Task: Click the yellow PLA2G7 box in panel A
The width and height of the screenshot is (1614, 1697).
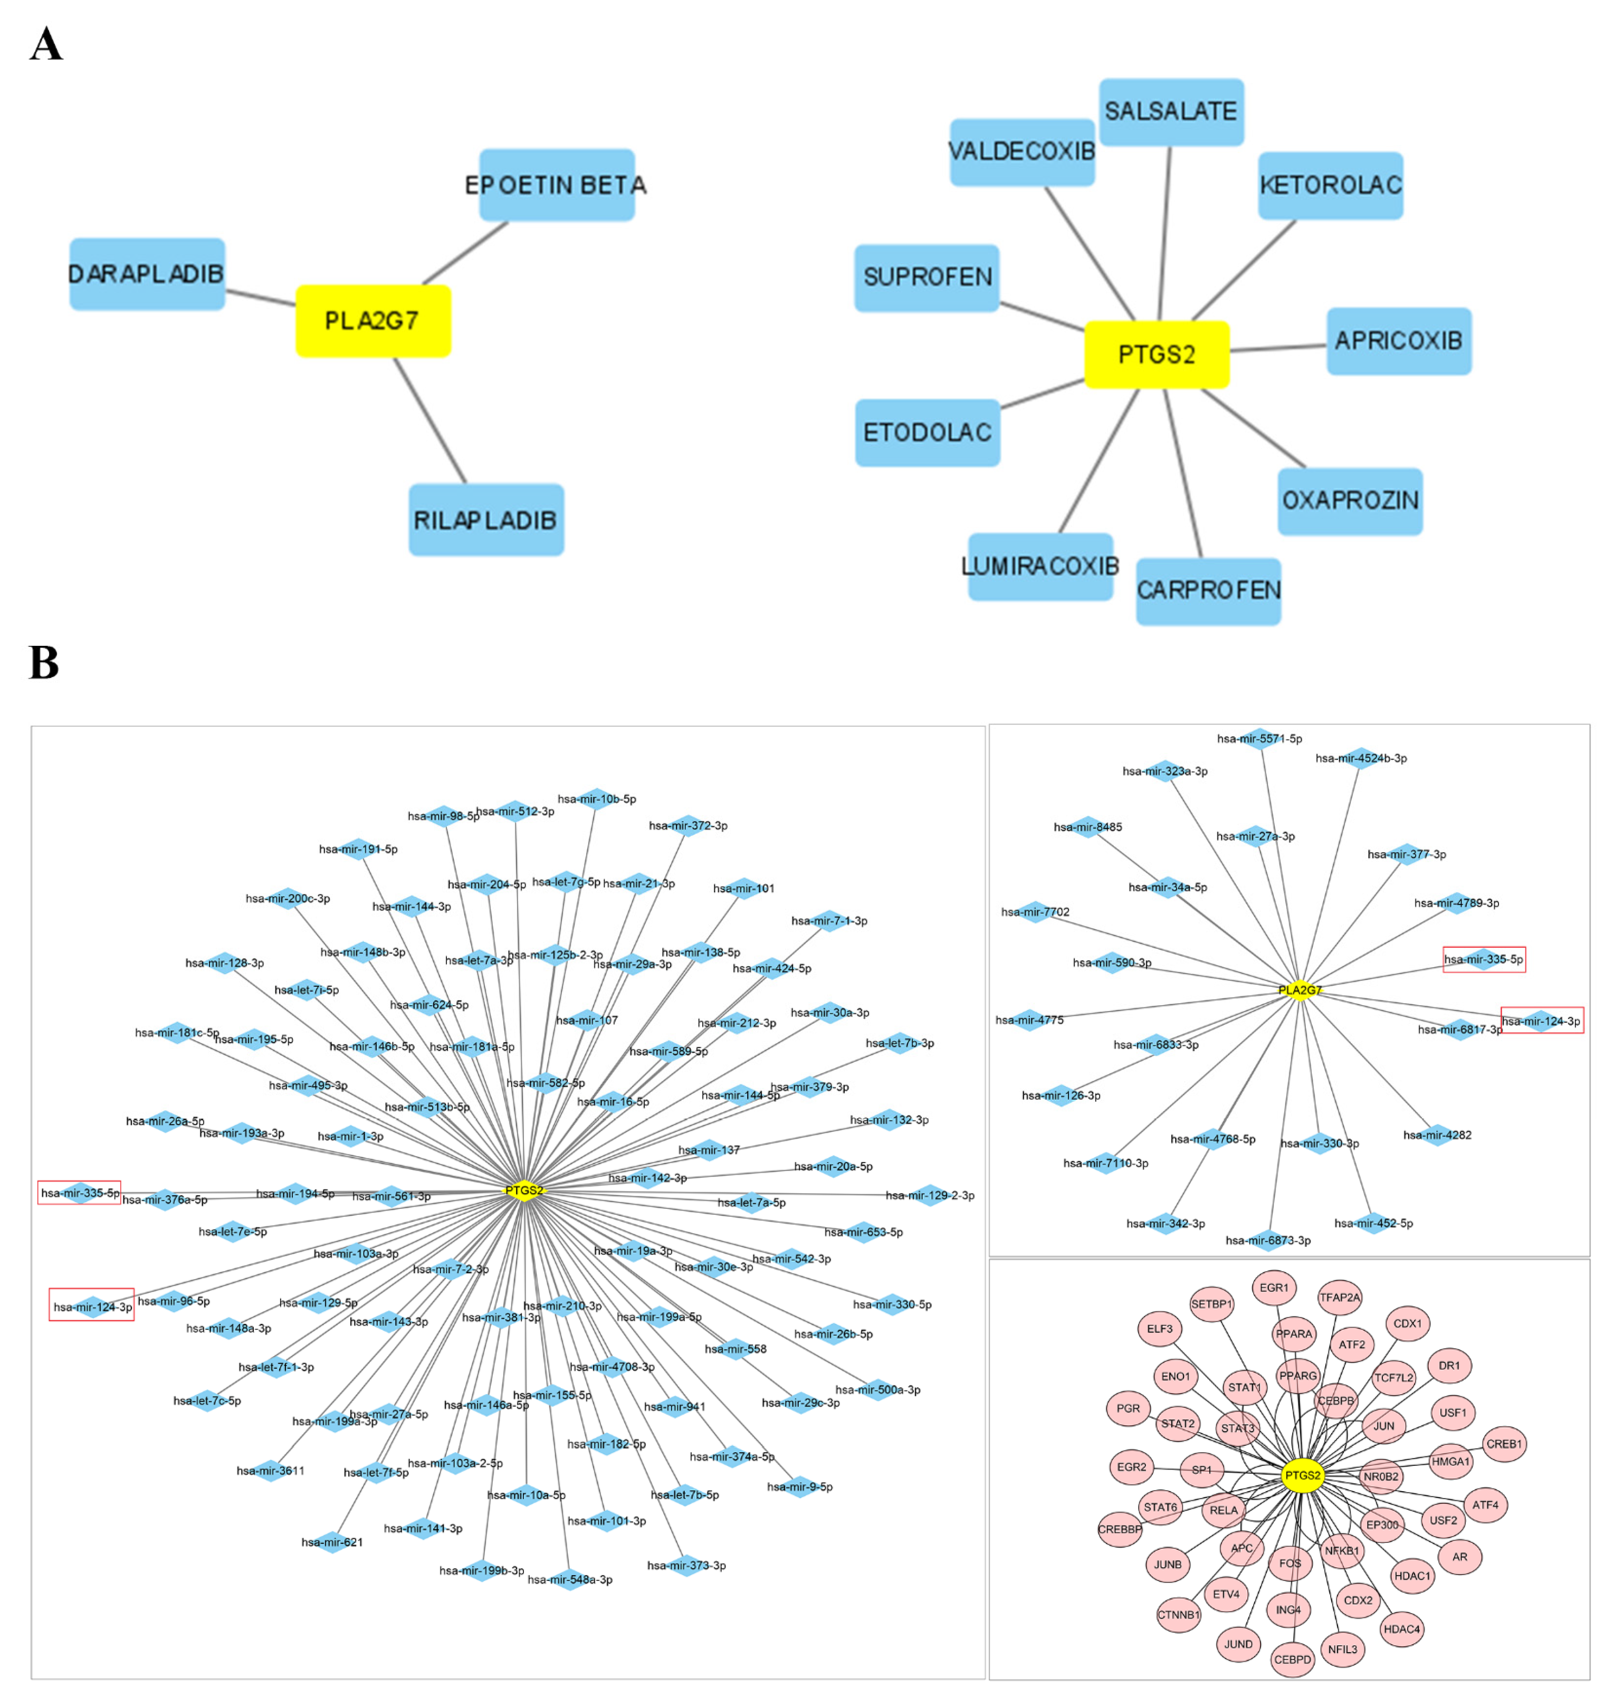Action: click(x=373, y=321)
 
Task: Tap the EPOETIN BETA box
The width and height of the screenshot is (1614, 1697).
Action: click(x=557, y=185)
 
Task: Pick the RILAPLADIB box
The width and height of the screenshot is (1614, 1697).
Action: click(x=486, y=520)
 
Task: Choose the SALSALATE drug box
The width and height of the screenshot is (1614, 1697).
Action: click(x=1171, y=112)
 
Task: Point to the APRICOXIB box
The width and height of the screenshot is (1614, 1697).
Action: click(x=1399, y=341)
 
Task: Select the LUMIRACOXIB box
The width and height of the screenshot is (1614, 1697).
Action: click(x=1040, y=566)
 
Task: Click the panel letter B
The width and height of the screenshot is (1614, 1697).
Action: click(x=44, y=663)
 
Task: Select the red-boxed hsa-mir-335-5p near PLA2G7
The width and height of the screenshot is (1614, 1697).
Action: click(x=1483, y=959)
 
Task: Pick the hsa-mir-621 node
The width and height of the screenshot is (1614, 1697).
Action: click(x=332, y=1542)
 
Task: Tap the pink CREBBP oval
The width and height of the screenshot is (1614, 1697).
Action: click(x=1119, y=1529)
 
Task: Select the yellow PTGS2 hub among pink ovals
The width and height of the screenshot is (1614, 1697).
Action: click(x=1302, y=1475)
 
